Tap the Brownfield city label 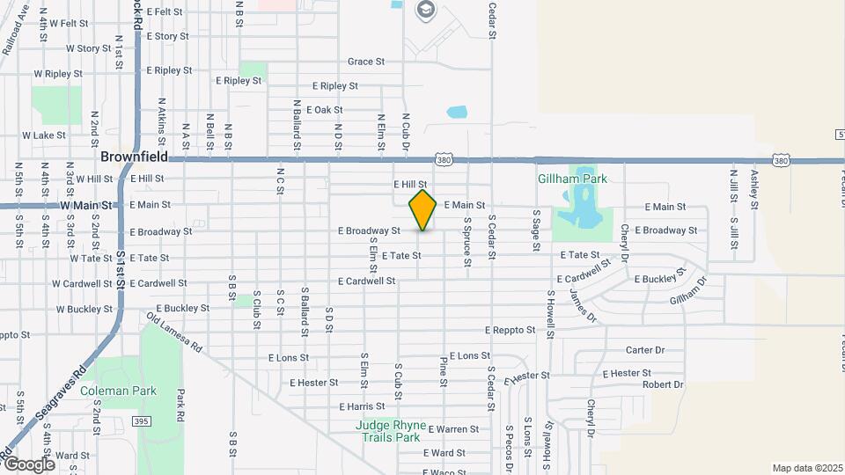tap(133, 158)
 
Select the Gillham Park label tap(572, 179)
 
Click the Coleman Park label tap(117, 391)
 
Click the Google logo tap(29, 464)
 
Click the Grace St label tap(366, 62)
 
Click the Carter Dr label tap(644, 350)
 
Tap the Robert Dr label tap(662, 384)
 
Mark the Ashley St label tap(754, 188)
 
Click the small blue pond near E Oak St tap(457, 113)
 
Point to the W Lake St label tap(44, 135)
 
